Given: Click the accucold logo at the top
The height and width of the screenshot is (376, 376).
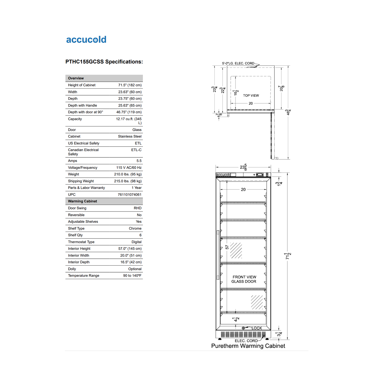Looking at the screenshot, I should tap(86, 40).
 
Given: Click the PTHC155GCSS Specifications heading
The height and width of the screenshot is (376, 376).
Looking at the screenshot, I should tap(104, 62).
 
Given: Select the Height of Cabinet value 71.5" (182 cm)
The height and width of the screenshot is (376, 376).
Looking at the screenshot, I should tap(130, 85).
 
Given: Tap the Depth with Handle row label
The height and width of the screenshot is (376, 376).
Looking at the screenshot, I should tap(82, 106).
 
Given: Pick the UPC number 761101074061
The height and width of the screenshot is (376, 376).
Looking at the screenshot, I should tap(130, 195).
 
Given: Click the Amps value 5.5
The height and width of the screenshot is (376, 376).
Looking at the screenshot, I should tap(139, 161).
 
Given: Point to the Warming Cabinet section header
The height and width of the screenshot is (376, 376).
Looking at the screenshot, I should tap(82, 201).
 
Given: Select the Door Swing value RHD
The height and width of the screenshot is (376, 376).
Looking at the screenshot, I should tap(138, 208).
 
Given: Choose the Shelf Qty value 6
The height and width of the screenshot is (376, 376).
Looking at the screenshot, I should tap(140, 235).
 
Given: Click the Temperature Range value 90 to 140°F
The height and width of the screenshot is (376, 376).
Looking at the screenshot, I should tap(132, 275).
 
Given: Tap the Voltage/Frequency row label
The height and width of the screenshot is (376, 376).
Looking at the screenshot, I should tap(83, 168).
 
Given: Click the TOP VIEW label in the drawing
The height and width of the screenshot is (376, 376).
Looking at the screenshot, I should tap(251, 96).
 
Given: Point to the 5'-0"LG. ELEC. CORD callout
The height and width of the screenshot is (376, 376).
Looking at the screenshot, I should tap(238, 63).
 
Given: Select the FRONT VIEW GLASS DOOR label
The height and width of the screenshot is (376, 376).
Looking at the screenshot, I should tap(244, 279).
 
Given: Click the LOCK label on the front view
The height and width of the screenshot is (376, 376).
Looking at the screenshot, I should tap(257, 328).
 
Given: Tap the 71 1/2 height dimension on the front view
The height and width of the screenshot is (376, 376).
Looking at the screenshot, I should tap(288, 256).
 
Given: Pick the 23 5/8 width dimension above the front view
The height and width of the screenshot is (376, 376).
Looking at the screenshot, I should tap(243, 167).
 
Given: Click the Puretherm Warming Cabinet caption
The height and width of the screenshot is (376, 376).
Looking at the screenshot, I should tap(248, 346).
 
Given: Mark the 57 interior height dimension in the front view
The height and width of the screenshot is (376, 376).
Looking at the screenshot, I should tap(227, 247).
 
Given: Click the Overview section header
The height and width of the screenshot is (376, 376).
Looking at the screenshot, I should tap(76, 78).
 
